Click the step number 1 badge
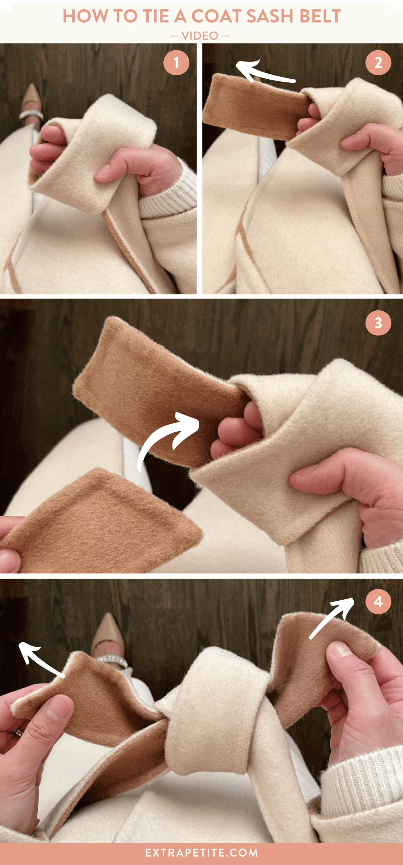tap(176, 63)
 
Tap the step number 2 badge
tap(378, 63)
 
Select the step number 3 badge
tap(378, 323)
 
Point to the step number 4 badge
tap(378, 601)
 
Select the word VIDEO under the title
tap(200, 36)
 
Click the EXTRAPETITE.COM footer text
tap(201, 853)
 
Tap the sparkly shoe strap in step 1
tap(31, 115)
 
